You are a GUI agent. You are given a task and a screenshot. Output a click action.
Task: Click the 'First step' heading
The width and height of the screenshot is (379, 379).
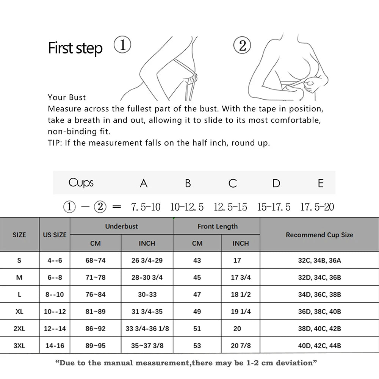click(x=75, y=49)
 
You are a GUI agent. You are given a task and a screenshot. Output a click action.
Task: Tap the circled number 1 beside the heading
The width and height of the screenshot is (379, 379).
click(x=122, y=45)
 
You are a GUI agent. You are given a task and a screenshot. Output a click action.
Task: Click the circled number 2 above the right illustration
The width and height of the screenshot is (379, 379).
click(x=243, y=46)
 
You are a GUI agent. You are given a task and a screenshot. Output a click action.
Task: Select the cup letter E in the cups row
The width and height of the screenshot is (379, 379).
click(x=321, y=183)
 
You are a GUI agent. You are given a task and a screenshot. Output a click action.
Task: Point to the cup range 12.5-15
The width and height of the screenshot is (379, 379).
click(x=230, y=207)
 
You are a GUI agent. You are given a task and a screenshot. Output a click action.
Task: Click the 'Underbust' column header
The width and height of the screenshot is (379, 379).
click(x=121, y=226)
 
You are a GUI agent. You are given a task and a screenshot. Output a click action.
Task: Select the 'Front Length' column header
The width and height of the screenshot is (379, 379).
click(x=218, y=226)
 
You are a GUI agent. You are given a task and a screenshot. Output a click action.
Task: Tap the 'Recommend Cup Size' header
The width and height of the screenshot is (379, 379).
click(x=319, y=235)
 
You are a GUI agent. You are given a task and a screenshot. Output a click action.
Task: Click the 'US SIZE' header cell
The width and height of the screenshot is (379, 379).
click(x=55, y=235)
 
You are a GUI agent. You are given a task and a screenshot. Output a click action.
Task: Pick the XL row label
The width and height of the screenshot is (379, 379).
click(x=19, y=312)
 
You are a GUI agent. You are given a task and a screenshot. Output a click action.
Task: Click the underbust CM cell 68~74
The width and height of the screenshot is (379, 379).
click(x=96, y=260)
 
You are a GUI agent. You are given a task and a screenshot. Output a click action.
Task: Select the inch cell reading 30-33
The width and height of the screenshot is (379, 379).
click(x=147, y=294)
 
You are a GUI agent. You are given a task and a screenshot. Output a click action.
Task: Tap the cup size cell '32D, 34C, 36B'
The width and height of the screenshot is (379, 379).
click(x=319, y=277)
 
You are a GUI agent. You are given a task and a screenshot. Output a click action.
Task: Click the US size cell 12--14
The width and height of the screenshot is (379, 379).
click(x=55, y=329)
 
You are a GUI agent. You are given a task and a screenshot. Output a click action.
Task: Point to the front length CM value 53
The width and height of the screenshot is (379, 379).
click(x=197, y=346)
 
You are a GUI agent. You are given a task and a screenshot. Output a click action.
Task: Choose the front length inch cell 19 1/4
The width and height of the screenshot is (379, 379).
click(x=241, y=312)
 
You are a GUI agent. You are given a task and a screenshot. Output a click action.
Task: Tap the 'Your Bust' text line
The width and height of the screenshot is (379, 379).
click(x=67, y=97)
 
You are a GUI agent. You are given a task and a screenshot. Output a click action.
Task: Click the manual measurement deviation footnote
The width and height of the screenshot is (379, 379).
click(x=186, y=363)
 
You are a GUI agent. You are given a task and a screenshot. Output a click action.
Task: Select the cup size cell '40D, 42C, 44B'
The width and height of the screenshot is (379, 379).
click(x=319, y=346)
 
